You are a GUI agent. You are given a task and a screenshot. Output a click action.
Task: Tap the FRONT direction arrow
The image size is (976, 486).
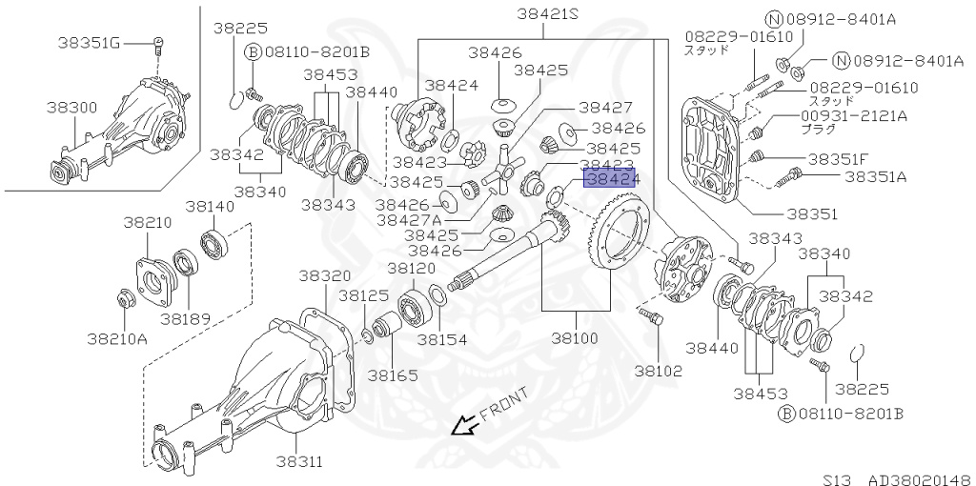(x=467, y=426)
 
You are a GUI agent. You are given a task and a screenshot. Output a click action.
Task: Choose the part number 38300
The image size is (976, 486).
(x=71, y=108)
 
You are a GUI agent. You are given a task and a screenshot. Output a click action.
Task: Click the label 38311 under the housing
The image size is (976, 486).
(x=299, y=462)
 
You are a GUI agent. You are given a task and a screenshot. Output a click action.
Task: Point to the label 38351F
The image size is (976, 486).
(x=844, y=158)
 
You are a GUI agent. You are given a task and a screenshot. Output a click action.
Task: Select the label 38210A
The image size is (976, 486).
(x=117, y=337)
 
